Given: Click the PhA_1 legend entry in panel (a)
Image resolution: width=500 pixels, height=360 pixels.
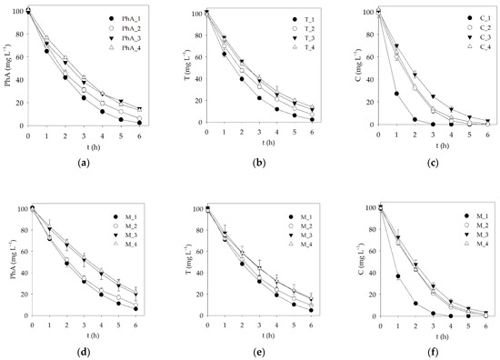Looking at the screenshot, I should tap(128, 18).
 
